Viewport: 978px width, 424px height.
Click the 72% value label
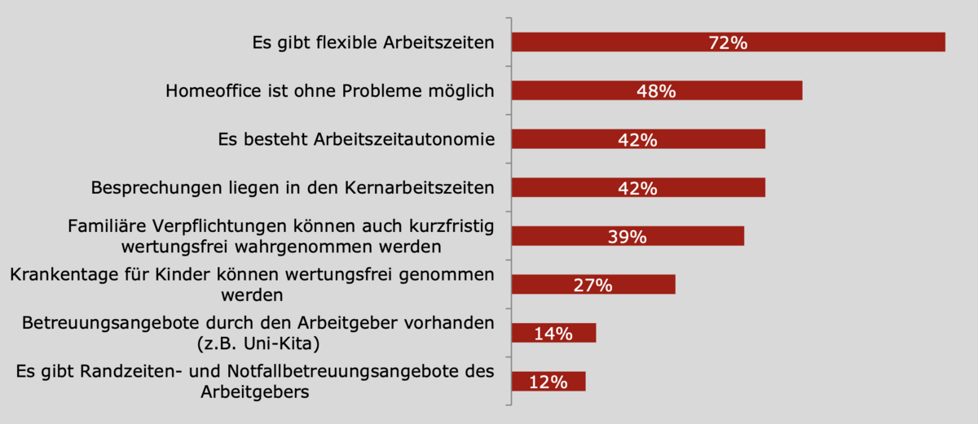coord(728,43)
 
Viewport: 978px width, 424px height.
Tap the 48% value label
coord(656,91)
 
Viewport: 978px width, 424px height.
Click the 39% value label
coord(627,237)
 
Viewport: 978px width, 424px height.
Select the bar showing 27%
coord(636,284)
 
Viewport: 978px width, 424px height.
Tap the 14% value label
coord(553,333)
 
